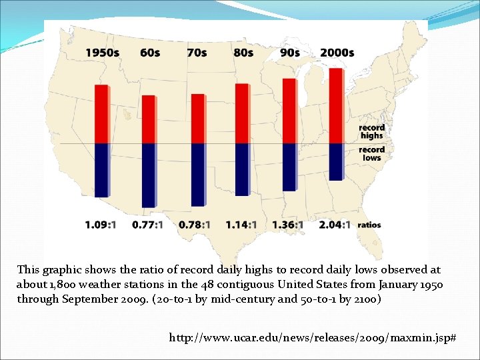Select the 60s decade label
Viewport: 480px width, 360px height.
149,53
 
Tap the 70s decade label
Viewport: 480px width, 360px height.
197,53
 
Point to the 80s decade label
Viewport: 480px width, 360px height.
243,53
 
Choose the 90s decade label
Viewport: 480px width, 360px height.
290,53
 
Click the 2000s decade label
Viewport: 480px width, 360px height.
337,53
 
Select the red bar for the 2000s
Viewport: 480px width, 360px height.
336,106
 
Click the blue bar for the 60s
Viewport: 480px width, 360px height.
148,175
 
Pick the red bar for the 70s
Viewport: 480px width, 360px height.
197,119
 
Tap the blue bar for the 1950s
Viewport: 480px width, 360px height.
101,169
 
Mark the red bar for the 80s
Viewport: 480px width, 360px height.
241,113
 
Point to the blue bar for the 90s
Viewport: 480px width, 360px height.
289,166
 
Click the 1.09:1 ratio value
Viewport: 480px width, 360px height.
101,225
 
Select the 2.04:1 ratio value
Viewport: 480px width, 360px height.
335,225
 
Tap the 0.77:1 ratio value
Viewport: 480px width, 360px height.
147,225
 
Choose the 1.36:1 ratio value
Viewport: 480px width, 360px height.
288,225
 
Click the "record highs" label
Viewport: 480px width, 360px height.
371,131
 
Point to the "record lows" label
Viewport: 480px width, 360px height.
371,153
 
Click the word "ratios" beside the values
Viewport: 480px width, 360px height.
369,225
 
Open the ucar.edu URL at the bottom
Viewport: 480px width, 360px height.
313,339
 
